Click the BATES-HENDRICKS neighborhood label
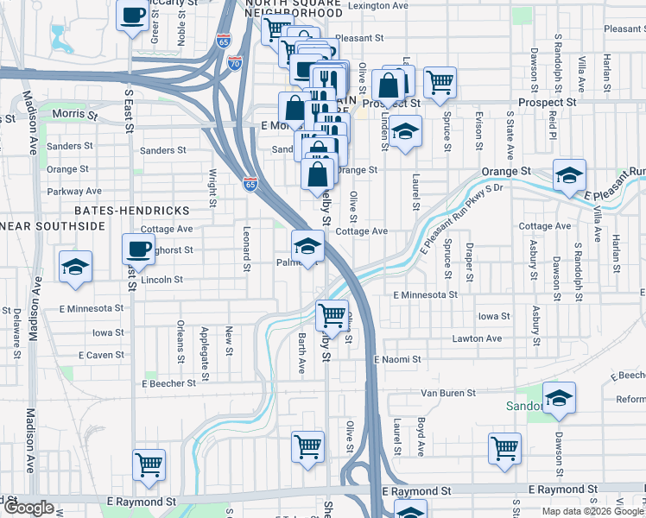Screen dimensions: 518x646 (x=131, y=211)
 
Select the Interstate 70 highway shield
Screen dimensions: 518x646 (x=234, y=62)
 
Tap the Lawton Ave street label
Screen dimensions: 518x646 (x=477, y=338)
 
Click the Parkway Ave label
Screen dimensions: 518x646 (x=74, y=191)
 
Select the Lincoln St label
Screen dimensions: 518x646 (x=161, y=280)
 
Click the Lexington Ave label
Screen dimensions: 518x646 (x=377, y=5)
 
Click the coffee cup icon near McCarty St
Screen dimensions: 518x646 (x=133, y=17)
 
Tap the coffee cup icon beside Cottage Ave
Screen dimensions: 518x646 (x=138, y=250)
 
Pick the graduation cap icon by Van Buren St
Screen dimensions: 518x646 (x=560, y=398)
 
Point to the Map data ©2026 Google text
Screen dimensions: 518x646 (x=592, y=511)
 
